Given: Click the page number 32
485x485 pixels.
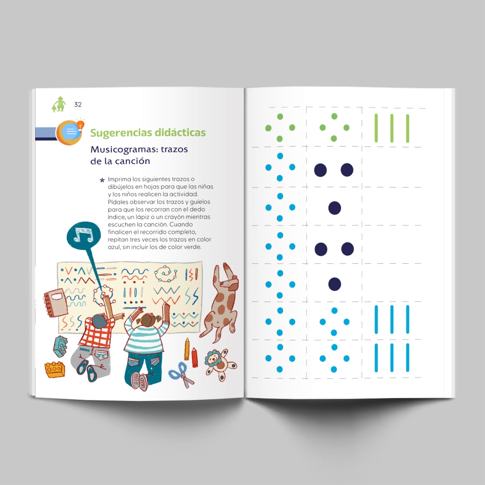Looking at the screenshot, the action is [x=78, y=104].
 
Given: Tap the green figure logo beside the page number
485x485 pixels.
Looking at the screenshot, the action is [x=59, y=104].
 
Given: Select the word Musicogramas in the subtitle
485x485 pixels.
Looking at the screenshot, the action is [x=124, y=150].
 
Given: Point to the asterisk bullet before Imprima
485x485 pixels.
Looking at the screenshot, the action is [x=102, y=180].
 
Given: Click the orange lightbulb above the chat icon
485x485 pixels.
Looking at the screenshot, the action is [x=80, y=124].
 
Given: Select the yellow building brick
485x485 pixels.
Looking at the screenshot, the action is [x=55, y=369].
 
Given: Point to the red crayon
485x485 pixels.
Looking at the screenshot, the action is [x=194, y=357].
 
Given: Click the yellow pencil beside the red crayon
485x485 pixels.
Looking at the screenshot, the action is [x=187, y=348].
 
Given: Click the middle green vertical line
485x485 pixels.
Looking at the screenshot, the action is [x=392, y=129].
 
